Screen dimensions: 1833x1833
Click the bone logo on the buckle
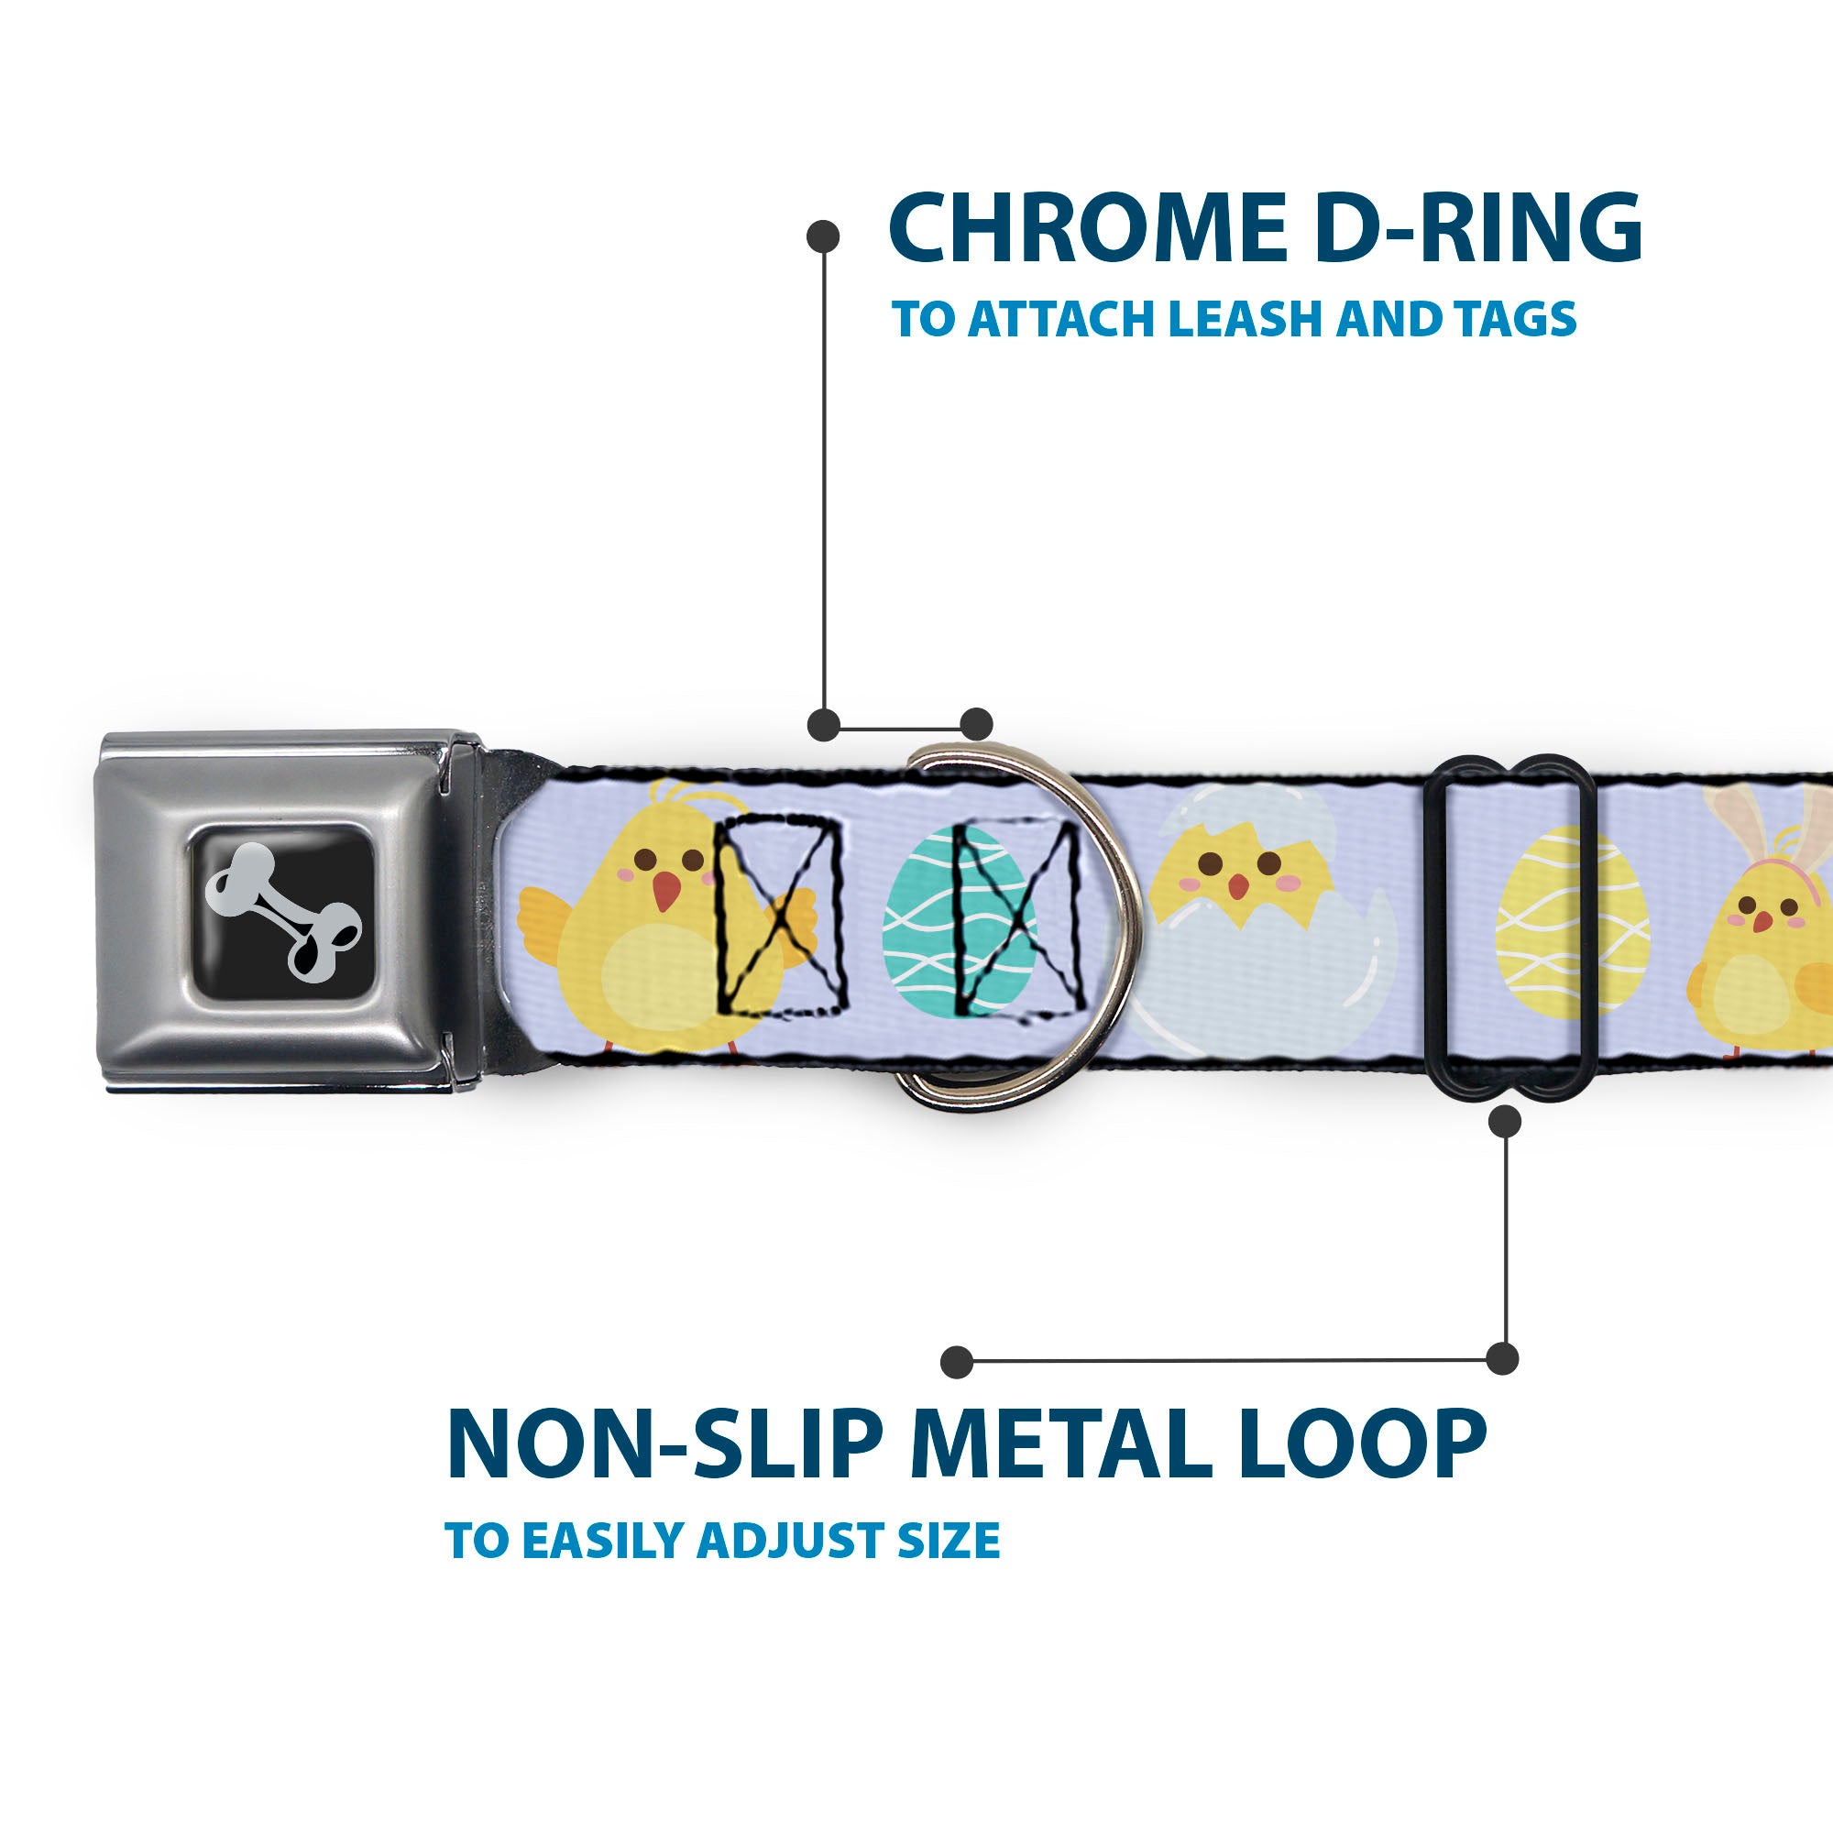pyautogui.click(x=282, y=912)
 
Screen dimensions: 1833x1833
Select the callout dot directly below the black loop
pyautogui.click(x=1505, y=1122)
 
